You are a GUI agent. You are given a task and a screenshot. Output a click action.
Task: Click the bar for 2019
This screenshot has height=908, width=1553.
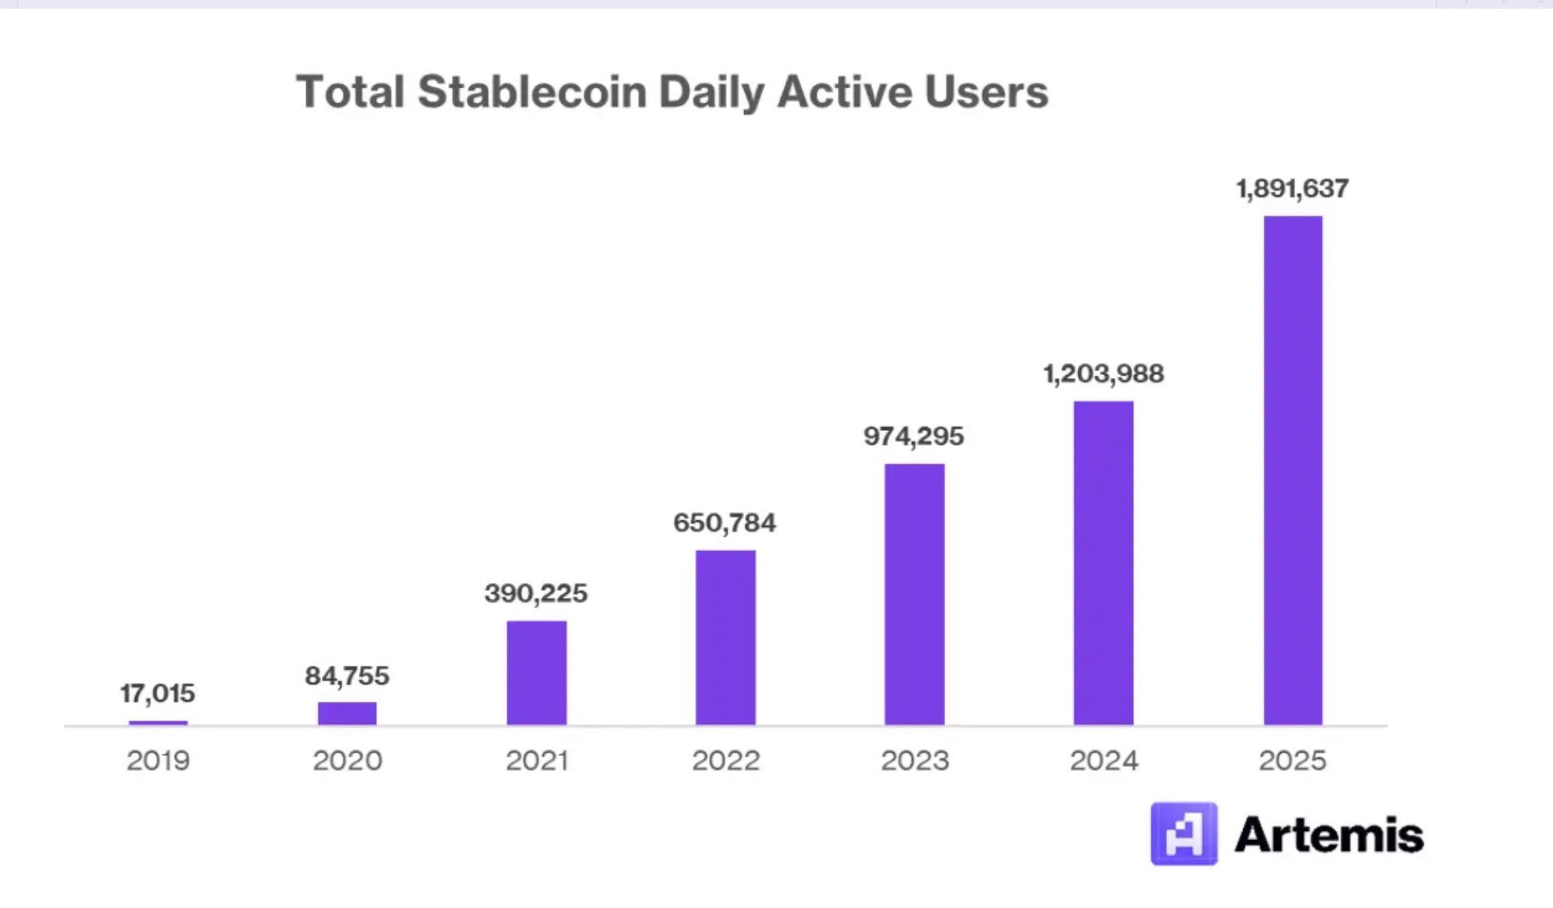(x=158, y=723)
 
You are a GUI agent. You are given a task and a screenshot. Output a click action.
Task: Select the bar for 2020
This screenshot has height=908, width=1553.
(x=347, y=713)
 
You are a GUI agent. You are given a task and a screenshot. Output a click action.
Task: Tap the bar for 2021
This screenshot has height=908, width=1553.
(x=537, y=673)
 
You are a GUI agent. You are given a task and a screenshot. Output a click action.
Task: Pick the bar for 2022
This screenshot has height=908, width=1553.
(x=725, y=638)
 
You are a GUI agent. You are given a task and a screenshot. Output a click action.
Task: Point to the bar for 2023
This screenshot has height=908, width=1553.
(x=914, y=594)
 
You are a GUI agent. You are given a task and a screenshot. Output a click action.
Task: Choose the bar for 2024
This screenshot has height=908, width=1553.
(x=1103, y=563)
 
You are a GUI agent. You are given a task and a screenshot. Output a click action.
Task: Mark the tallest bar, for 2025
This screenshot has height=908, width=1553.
(x=1293, y=470)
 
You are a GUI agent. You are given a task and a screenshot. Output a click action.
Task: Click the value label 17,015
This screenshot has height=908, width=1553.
(x=157, y=693)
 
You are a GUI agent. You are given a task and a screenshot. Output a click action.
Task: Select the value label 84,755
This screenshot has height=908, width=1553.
(x=347, y=676)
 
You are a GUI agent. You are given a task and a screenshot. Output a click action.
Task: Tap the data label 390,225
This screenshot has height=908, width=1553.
(x=536, y=594)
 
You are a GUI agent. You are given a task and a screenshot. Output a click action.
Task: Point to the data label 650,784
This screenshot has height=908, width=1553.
(x=725, y=523)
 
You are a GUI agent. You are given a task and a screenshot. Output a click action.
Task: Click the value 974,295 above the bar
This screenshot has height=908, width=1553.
(x=913, y=436)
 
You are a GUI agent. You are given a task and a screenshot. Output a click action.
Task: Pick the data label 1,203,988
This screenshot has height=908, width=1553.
(x=1103, y=374)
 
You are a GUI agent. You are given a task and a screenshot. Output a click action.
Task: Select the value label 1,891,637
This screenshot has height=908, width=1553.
(x=1292, y=189)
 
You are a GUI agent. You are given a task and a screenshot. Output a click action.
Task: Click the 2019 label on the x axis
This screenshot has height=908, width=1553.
(x=158, y=761)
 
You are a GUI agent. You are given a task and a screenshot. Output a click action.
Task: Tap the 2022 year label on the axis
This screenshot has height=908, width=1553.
(x=725, y=761)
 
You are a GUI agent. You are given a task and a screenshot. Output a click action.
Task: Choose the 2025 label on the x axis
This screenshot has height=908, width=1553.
(x=1292, y=761)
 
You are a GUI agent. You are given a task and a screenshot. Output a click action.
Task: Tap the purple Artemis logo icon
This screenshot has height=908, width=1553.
(x=1184, y=834)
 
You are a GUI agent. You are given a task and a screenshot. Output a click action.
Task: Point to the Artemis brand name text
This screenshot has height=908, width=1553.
(x=1329, y=836)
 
